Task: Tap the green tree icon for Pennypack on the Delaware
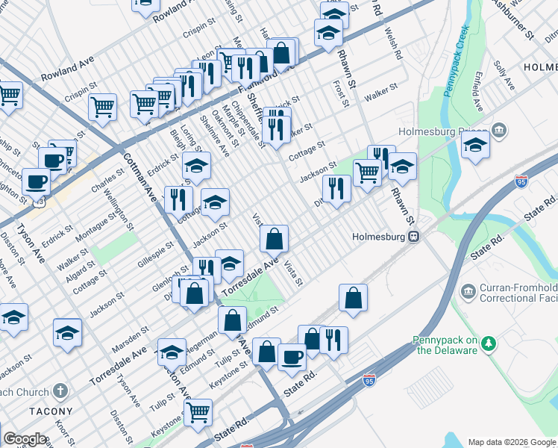(488, 343)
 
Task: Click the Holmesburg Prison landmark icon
(499, 131)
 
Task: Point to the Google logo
(24, 439)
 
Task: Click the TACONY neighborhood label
(51, 411)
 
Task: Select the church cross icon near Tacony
(61, 391)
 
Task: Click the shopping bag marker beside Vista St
(275, 240)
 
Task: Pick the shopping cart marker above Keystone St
(198, 411)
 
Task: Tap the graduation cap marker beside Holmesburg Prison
(475, 146)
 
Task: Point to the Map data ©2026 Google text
(511, 442)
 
